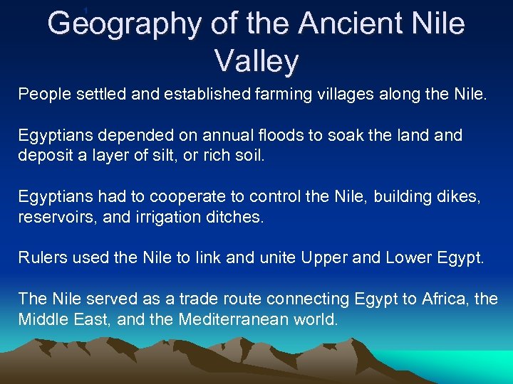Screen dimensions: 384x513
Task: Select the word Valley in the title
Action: [256, 62]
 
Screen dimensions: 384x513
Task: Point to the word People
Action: [41, 94]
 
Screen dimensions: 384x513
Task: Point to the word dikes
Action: [460, 196]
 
